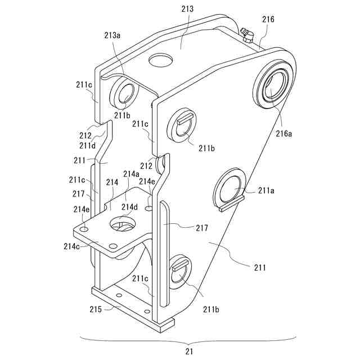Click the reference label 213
[x=187, y=10]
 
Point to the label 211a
[x=267, y=191]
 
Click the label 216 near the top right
[x=268, y=20]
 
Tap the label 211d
[x=87, y=146]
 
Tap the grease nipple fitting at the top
[x=246, y=35]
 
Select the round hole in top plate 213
[x=161, y=60]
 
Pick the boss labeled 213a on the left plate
[x=125, y=92]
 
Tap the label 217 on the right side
[x=201, y=228]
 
